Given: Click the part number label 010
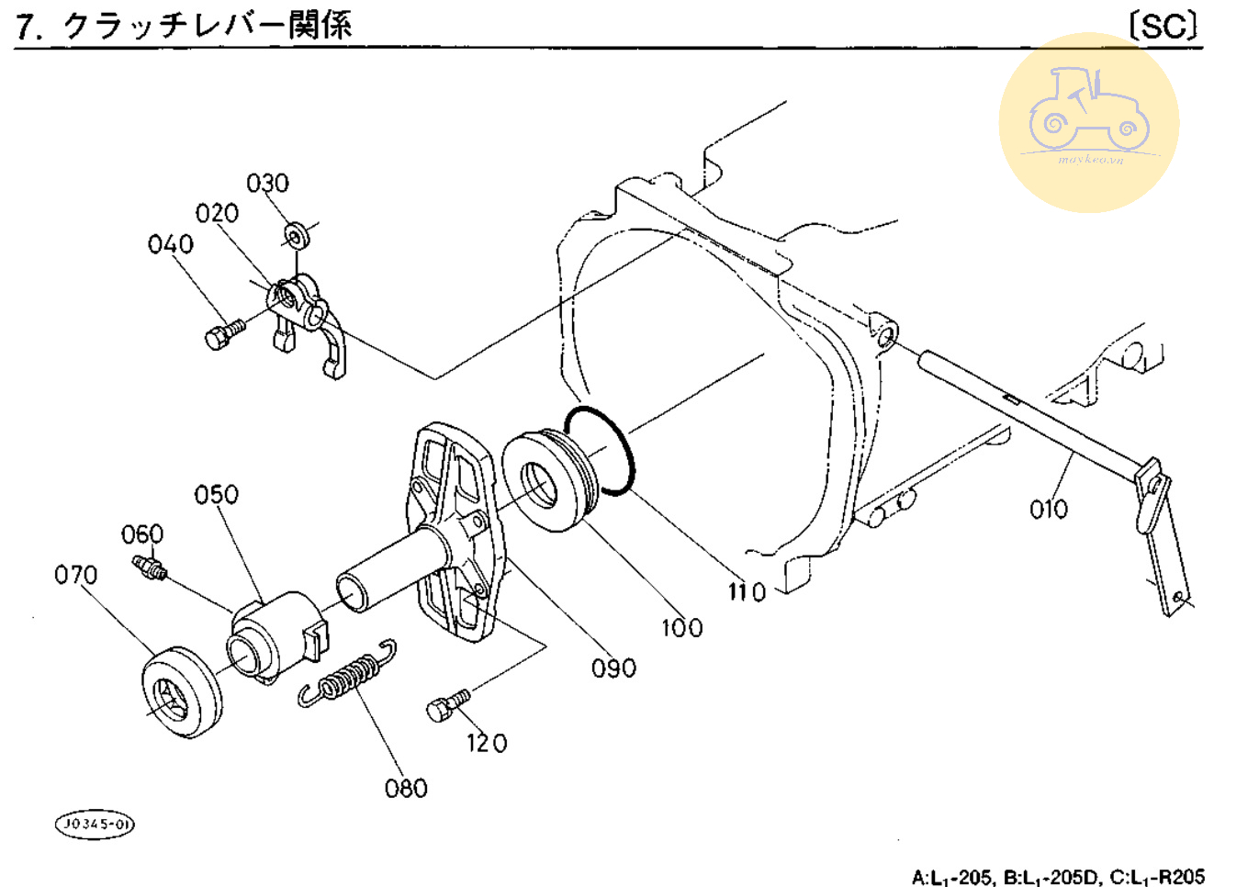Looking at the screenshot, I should point(1048,509).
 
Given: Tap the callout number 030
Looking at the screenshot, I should point(267,183).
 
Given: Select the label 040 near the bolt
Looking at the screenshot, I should point(171,244).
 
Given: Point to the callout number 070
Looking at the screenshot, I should point(75,576).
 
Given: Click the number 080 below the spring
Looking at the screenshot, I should point(406,789).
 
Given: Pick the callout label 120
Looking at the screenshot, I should point(487,743).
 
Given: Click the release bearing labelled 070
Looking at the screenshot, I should point(181,691).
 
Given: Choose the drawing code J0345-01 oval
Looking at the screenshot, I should point(95,824).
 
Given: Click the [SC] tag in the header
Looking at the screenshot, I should point(1163,26).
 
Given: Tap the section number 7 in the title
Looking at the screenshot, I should point(28,28).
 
